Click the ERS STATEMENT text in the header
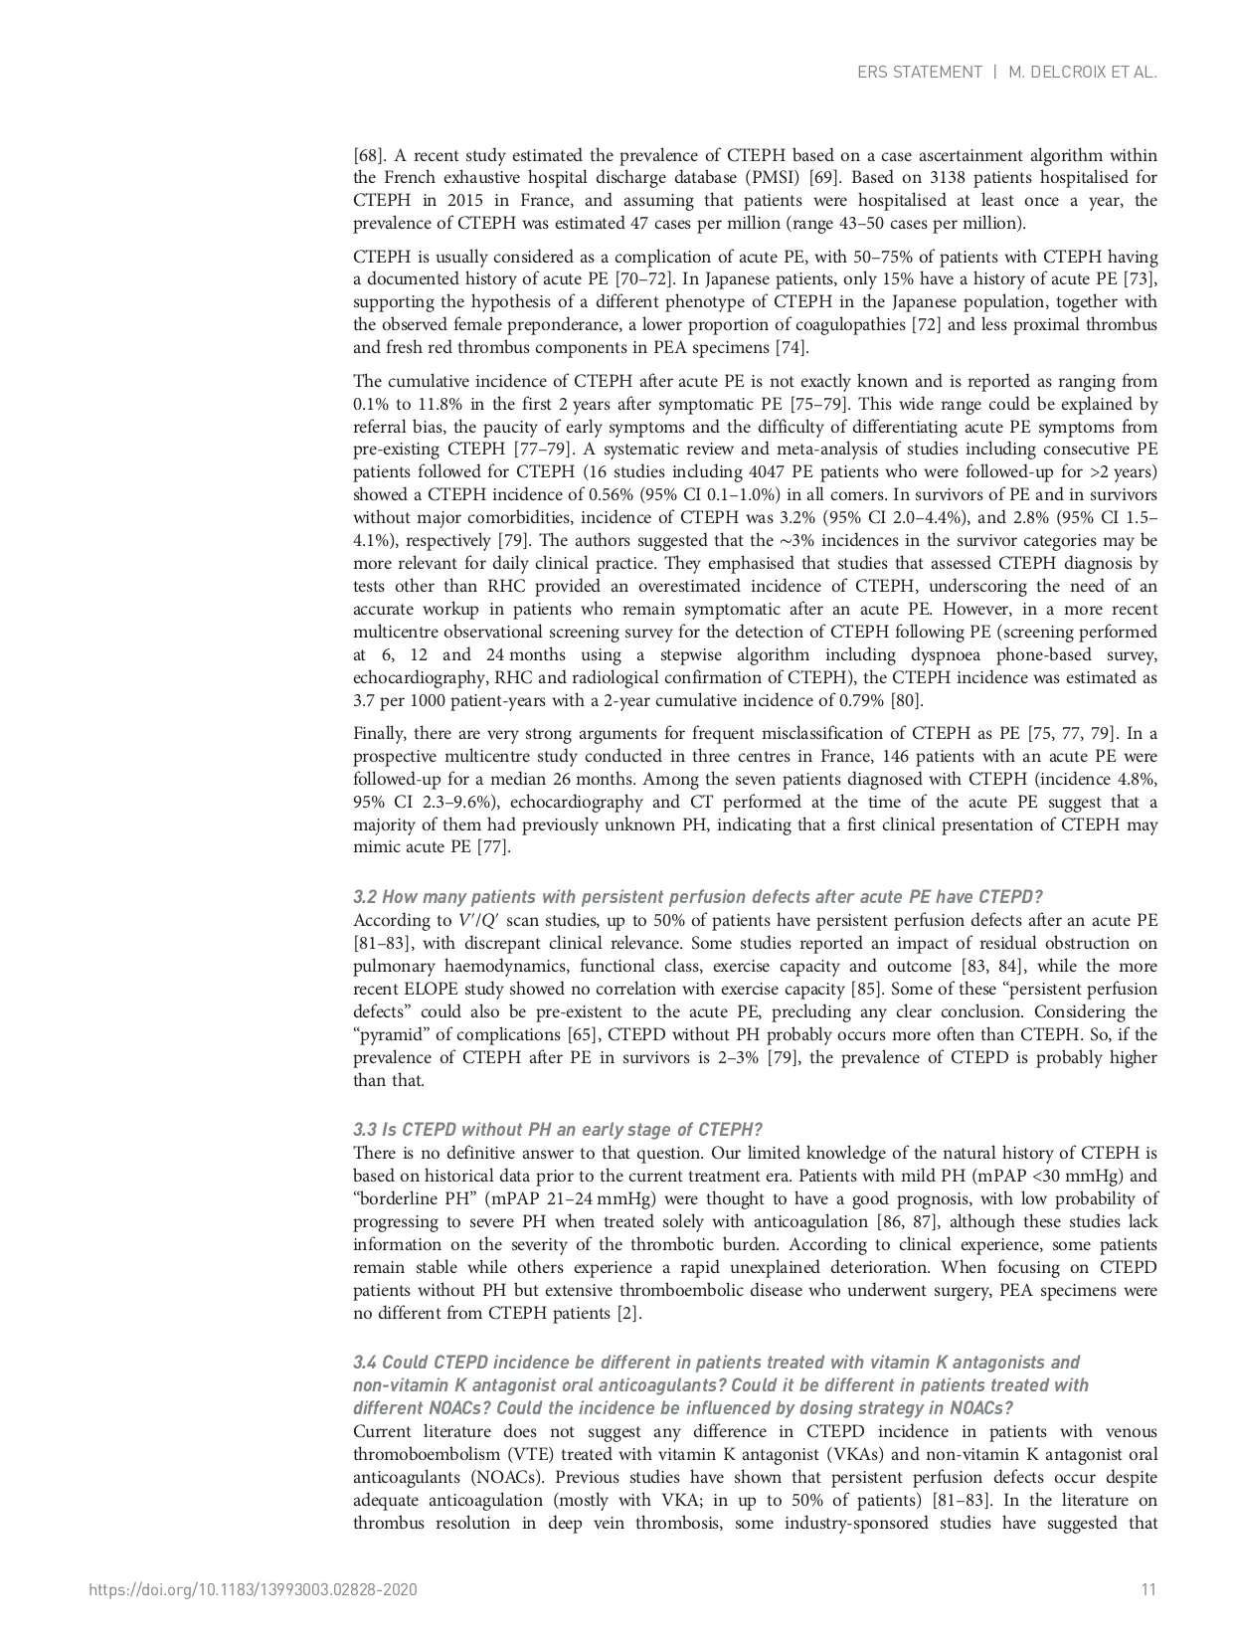(919, 73)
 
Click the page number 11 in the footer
(1148, 1589)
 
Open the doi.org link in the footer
(254, 1589)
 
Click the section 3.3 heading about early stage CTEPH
(558, 1129)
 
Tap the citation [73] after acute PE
(1138, 279)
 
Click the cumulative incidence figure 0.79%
(845, 700)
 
